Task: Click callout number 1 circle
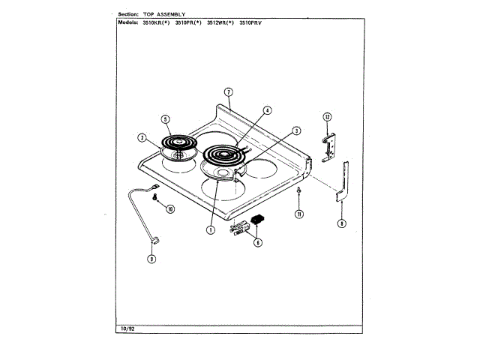pos(211,229)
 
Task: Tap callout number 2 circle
pos(141,137)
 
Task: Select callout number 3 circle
pos(296,130)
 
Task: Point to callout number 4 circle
pos(267,109)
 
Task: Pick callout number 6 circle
pos(258,242)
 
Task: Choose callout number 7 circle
pos(229,92)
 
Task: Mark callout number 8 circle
pos(342,223)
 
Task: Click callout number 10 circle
pos(169,208)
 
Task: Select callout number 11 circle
pos(298,214)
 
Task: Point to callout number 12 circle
pos(327,116)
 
